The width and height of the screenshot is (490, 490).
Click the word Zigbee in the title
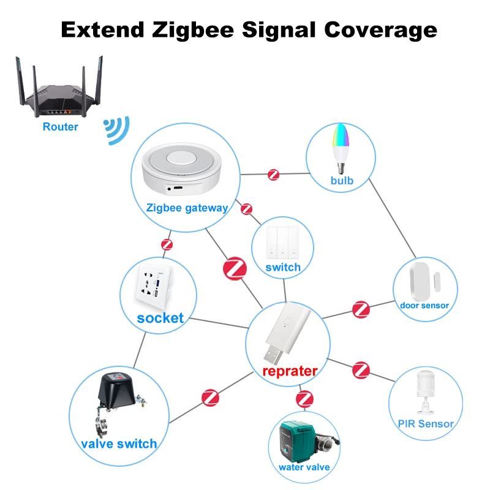point(193,31)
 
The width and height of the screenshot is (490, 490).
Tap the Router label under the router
point(60,127)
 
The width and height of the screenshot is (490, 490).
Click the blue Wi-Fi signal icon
point(116,130)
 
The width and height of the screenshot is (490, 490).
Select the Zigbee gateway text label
point(187,208)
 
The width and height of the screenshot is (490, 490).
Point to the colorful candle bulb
point(341,148)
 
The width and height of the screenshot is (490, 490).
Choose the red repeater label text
point(290,371)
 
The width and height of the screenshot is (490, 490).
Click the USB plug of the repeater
point(273,355)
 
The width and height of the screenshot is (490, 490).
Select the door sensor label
point(424,305)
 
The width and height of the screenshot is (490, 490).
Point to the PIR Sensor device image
point(425,392)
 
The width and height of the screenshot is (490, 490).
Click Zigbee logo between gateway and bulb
point(273,175)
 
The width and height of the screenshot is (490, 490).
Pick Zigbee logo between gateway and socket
point(167,244)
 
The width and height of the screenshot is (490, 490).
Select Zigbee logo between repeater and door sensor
point(361,309)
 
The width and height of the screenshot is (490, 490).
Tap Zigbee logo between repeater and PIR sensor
point(361,371)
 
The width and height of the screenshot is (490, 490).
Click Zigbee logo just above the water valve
point(304,399)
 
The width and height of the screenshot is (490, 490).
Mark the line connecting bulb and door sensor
point(393,218)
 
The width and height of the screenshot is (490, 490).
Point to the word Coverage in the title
point(380,31)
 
